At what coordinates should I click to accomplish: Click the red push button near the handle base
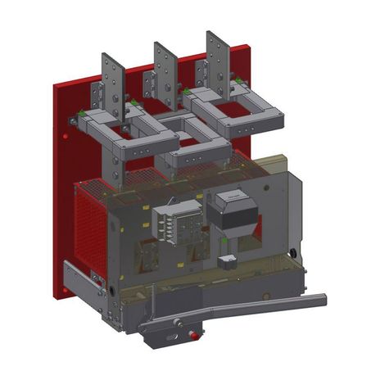click(x=193, y=334)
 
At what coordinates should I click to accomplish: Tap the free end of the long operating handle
click(x=321, y=300)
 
